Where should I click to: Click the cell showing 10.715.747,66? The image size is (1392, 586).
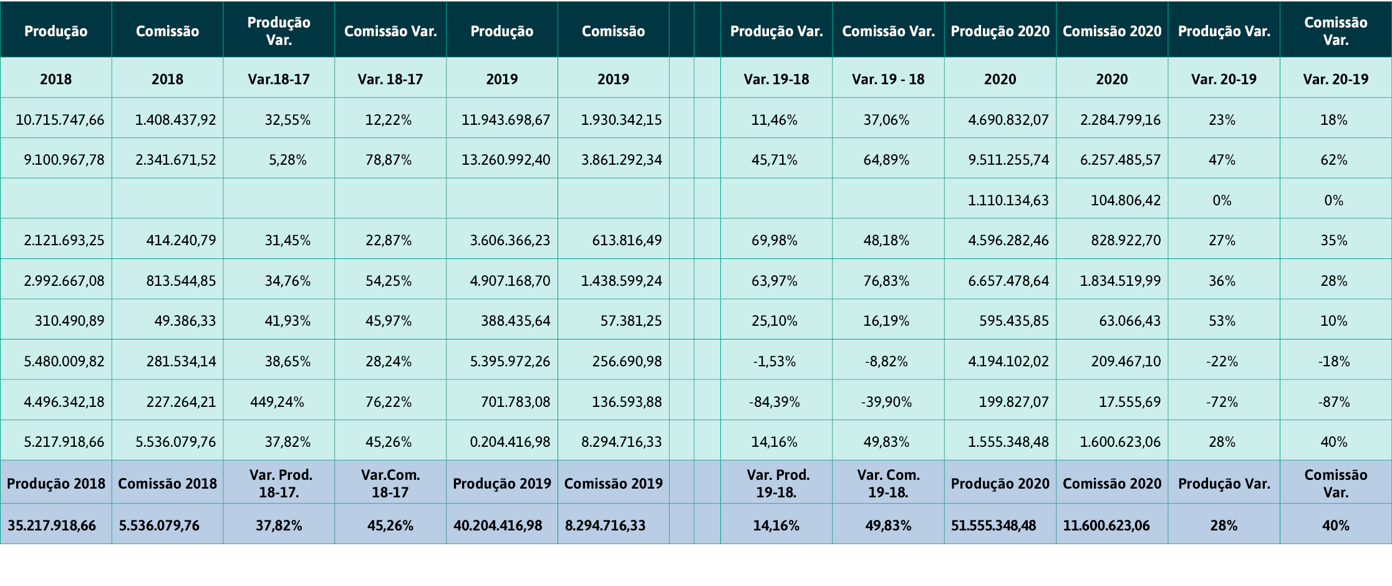(x=60, y=120)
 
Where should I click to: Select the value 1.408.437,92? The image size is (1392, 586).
(x=175, y=120)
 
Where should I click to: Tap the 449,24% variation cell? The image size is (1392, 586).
(x=277, y=402)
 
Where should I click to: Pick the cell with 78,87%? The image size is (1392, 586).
(x=389, y=160)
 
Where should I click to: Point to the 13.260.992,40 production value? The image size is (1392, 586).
(x=506, y=160)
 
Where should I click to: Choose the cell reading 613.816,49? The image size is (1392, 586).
(x=627, y=241)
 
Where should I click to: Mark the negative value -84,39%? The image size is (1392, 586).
(x=774, y=402)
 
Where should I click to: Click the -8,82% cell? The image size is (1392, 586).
(x=886, y=361)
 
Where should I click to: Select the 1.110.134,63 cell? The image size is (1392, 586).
(x=1008, y=200)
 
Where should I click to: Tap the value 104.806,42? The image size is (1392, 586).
(x=1125, y=200)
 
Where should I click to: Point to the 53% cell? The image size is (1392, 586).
(x=1222, y=321)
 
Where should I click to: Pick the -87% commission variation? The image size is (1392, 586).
(x=1333, y=402)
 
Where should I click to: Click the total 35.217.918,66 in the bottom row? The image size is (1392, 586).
(x=52, y=525)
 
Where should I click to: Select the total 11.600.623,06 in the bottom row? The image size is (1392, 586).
(x=1106, y=525)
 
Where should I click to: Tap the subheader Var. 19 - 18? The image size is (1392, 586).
(x=888, y=79)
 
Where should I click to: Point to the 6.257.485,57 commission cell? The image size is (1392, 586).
(x=1120, y=160)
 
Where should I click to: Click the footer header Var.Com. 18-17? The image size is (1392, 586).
(x=390, y=484)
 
